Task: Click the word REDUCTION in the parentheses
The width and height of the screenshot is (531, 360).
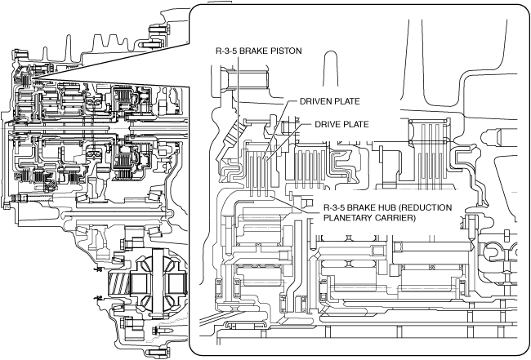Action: coord(445,207)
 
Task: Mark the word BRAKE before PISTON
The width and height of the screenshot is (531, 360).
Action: coord(253,51)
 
